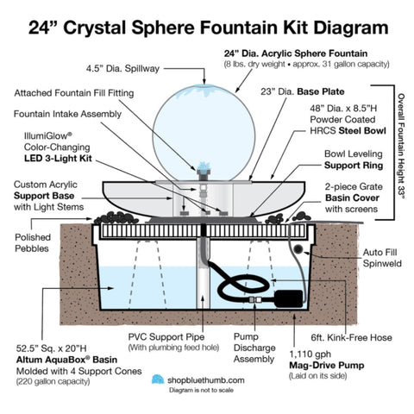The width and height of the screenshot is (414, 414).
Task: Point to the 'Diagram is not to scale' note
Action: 203,390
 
